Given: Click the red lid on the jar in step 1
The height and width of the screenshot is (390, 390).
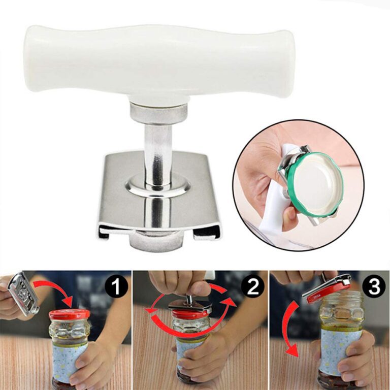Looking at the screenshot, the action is point(69,315).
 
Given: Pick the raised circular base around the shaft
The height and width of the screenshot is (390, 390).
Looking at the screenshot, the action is point(157,185).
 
